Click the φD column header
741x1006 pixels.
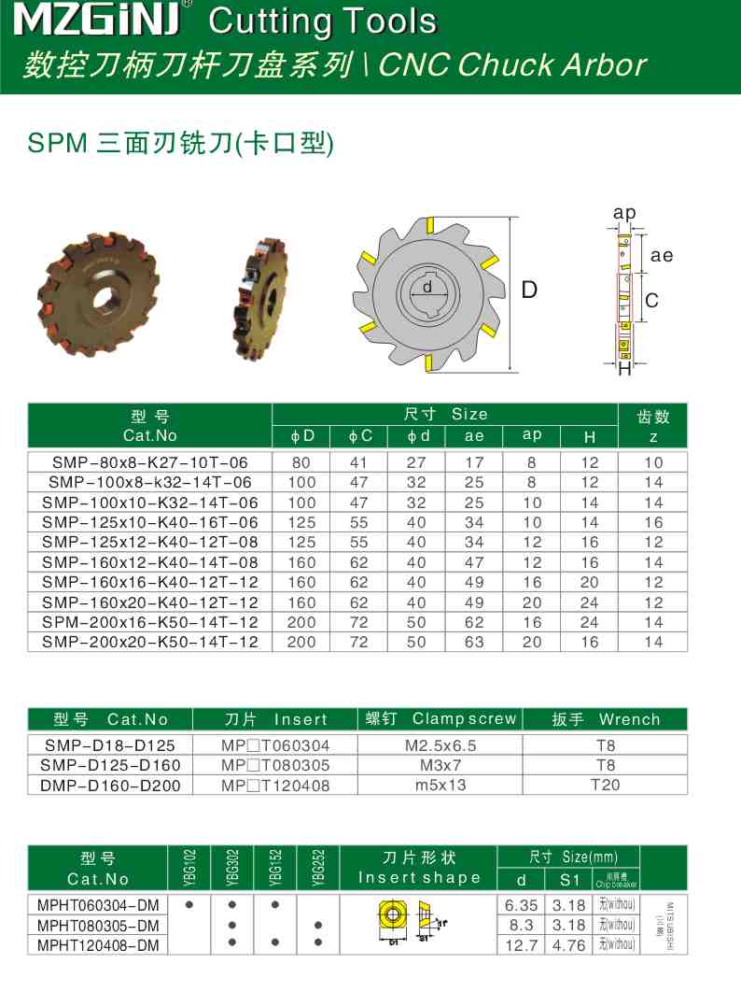coord(302,436)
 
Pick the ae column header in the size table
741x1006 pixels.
coord(474,436)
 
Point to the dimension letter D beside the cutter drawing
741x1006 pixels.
coord(529,290)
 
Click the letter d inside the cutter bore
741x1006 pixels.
coord(427,287)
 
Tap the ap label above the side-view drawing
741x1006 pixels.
coord(624,213)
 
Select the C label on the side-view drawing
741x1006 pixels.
coord(652,300)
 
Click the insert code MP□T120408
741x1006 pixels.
coord(275,786)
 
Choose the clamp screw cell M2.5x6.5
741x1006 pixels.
coord(440,745)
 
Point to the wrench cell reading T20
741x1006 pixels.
coord(605,785)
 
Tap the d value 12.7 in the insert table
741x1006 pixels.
coord(522,945)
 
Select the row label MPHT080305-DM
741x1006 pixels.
coord(98,926)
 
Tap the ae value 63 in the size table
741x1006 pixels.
coord(474,643)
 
